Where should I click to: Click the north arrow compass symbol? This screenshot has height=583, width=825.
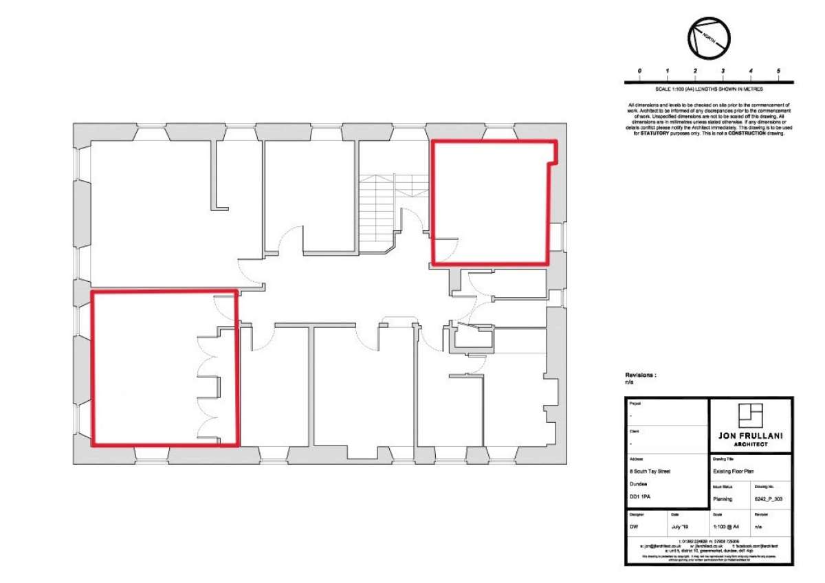click(x=709, y=38)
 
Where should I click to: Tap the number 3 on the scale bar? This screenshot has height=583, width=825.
click(x=723, y=71)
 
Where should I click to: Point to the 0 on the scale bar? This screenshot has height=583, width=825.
click(x=639, y=71)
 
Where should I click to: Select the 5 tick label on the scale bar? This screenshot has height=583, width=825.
click(x=778, y=71)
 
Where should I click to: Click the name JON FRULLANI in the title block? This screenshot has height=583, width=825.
click(x=750, y=435)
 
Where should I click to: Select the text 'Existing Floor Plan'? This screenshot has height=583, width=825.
click(x=734, y=472)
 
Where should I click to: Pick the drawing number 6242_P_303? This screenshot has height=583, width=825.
click(x=769, y=499)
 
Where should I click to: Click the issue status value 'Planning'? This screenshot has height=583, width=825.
click(x=723, y=499)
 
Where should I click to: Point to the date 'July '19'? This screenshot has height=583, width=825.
click(x=679, y=527)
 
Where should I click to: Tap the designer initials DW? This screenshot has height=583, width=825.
click(x=633, y=527)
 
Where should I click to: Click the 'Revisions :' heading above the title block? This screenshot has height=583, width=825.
click(x=641, y=375)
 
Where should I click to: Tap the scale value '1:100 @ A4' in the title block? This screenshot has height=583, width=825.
click(x=726, y=527)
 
